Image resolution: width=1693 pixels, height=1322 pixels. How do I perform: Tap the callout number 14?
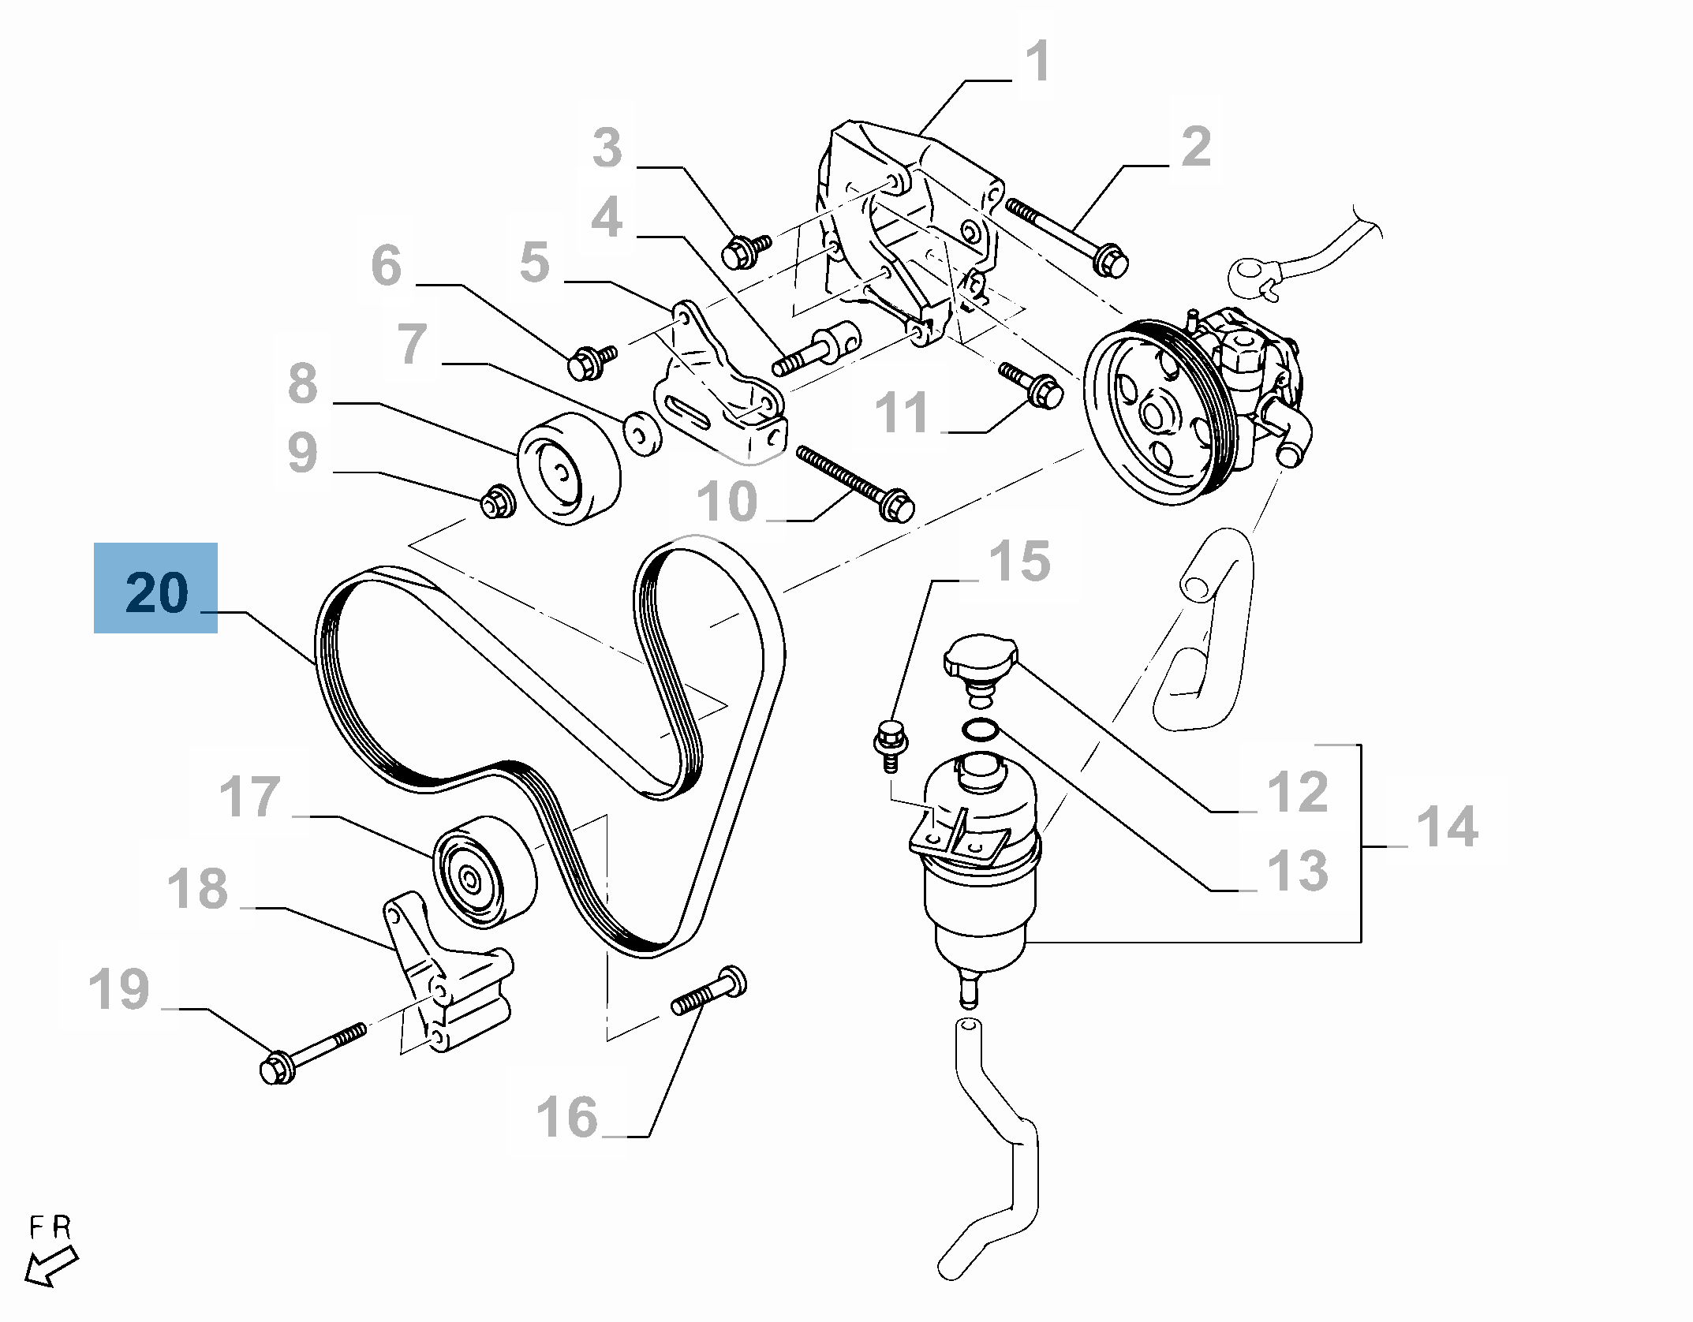(x=1447, y=826)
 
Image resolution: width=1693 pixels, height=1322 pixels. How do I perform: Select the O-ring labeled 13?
(x=980, y=730)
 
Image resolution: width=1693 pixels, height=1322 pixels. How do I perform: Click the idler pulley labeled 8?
(x=568, y=467)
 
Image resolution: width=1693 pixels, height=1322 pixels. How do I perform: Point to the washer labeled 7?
(x=643, y=432)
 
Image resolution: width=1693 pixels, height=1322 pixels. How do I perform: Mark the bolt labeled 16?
(x=709, y=993)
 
